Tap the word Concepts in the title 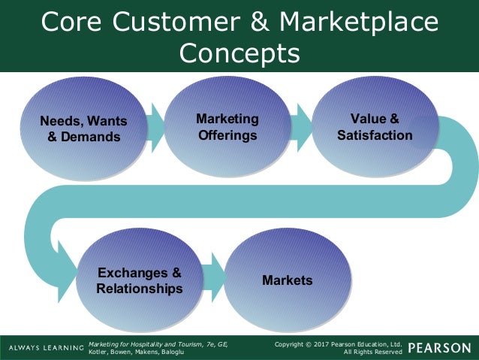(x=239, y=54)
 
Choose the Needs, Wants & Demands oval (x=83, y=129)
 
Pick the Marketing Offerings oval (x=227, y=127)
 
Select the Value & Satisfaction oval (x=374, y=127)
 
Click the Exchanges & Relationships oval (x=139, y=280)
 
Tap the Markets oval (x=287, y=280)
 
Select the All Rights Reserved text (x=373, y=352)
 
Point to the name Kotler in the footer (x=98, y=352)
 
